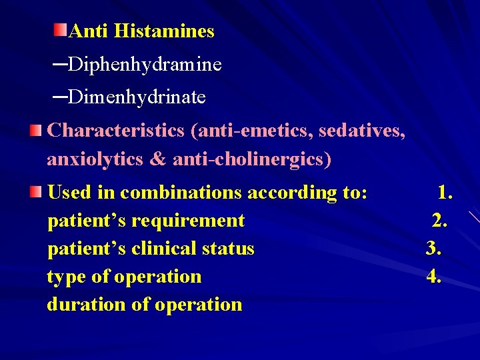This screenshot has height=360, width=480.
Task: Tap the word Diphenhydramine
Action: [145, 65]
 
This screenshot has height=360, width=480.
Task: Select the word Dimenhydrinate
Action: [137, 97]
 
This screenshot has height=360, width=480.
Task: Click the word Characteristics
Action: [116, 130]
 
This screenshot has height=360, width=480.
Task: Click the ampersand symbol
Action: [160, 160]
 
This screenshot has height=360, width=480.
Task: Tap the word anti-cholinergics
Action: [251, 160]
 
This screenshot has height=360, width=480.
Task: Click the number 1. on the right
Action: [445, 193]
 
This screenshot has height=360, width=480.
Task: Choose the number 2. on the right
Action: [439, 221]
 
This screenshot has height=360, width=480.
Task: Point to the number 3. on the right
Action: [434, 249]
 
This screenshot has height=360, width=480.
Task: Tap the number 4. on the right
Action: [434, 277]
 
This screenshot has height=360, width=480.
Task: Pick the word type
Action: [65, 277]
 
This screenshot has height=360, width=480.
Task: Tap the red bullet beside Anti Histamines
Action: [61, 29]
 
